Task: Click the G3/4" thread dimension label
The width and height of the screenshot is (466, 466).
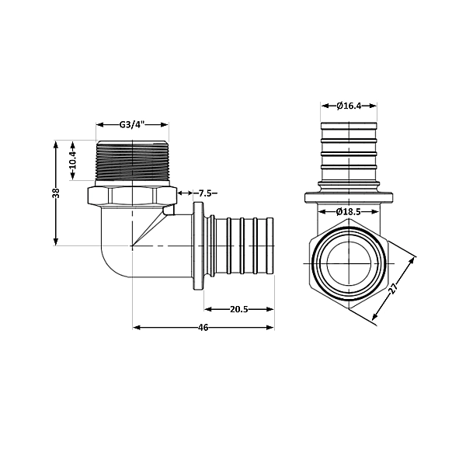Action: coord(132,124)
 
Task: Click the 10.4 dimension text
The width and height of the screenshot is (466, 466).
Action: coord(72,161)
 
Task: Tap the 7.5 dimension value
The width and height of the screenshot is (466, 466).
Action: coord(207,193)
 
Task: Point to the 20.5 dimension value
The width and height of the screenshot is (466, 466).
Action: coord(239,309)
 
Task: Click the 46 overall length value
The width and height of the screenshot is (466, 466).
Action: coord(203,328)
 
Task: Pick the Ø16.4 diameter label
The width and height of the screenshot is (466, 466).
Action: coord(349,106)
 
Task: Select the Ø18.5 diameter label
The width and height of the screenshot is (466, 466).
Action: coord(349,211)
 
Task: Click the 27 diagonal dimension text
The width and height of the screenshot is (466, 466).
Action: coord(395,288)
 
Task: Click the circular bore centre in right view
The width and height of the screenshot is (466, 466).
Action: coord(349,264)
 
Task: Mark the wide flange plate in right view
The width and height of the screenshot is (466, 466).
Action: coord(349,198)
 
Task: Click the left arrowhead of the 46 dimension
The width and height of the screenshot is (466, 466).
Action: coord(137,328)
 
